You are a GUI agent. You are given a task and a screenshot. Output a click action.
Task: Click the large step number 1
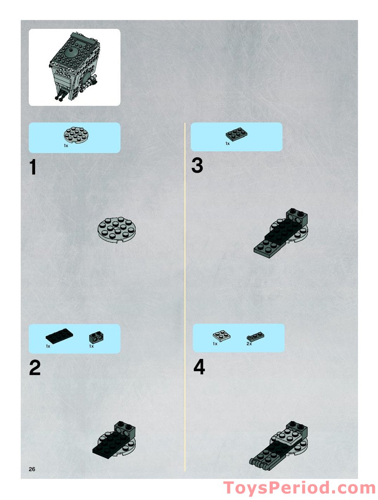pos(33,167)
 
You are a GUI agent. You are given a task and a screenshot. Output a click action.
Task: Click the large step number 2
pos(35,368)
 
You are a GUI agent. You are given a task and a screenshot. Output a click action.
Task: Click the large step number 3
pos(197,166)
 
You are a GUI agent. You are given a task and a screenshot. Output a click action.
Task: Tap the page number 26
pos(32,469)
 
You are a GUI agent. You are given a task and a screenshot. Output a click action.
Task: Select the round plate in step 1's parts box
pos(76,135)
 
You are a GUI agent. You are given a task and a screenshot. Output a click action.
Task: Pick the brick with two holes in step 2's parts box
pos(97,337)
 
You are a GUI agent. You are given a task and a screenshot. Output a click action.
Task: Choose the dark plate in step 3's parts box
pos(237,134)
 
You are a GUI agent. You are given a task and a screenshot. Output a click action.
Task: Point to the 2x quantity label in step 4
pos(249,344)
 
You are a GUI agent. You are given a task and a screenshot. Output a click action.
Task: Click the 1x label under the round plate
pos(66,145)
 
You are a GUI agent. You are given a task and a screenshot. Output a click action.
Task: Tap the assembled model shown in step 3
pos(281,233)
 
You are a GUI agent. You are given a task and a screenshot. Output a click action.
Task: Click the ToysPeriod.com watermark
pos(300,488)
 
